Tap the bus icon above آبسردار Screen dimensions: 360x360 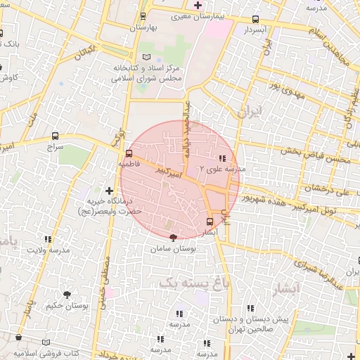coord(255,20)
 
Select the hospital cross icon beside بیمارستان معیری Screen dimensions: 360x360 coord(199,5)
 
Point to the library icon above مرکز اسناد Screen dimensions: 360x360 coord(146,56)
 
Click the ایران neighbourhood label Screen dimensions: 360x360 coord(250,111)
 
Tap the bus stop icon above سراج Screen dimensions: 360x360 coord(55,136)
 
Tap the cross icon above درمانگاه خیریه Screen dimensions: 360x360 coord(109,190)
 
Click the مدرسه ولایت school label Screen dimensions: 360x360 coord(48,250)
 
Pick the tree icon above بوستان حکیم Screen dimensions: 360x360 coord(67,295)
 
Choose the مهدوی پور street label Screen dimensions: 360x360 coord(285,88)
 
